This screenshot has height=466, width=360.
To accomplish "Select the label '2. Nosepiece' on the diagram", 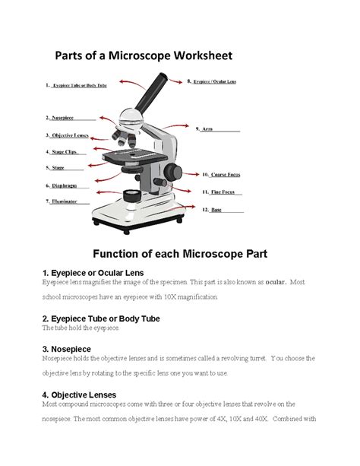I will click(x=69, y=118).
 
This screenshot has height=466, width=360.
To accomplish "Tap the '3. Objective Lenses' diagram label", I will click(x=69, y=135).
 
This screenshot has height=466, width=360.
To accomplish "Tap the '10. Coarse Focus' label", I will click(x=220, y=174).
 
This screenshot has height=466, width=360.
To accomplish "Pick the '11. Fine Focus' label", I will click(x=219, y=192).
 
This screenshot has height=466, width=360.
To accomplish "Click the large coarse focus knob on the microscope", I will click(x=174, y=170).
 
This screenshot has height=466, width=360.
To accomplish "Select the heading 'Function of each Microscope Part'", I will click(x=180, y=252).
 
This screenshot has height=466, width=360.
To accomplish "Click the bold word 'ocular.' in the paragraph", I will click(x=270, y=282).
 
